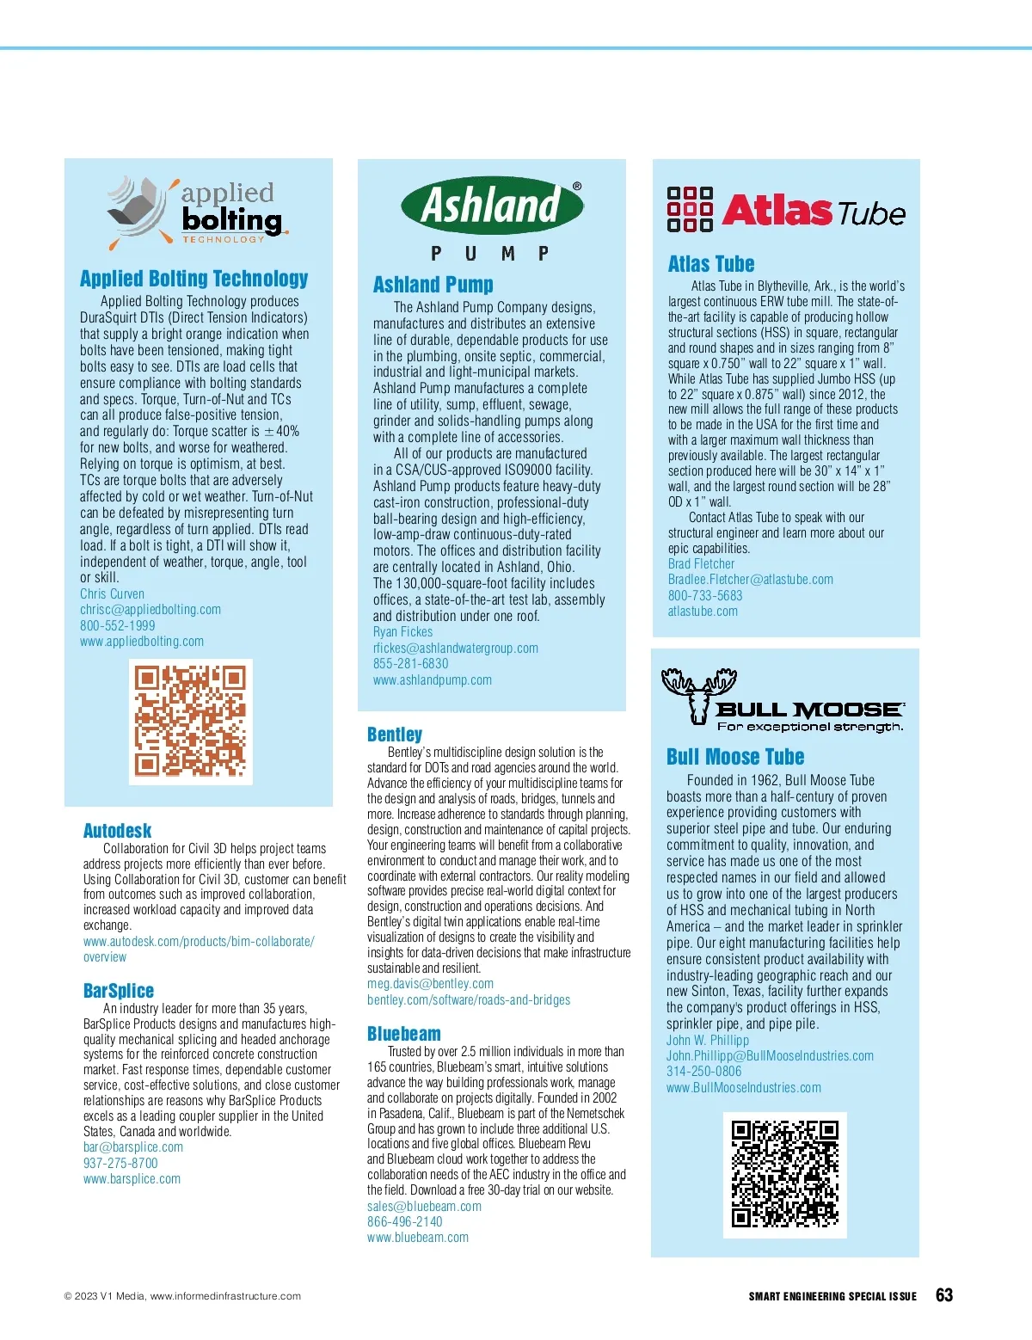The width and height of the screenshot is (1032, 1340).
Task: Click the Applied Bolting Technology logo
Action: pos(196,212)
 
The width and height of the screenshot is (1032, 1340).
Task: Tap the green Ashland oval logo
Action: pos(492,206)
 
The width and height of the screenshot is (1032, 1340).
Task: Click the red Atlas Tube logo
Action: pos(786,211)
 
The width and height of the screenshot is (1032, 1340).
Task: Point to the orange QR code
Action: pos(191,722)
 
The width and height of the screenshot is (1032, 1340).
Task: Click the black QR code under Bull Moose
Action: pos(784,1175)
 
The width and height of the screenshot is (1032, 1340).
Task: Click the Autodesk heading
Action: pos(117,831)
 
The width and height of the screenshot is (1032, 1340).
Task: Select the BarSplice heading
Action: pos(119,991)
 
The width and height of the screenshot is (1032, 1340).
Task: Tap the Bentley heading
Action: pos(395,735)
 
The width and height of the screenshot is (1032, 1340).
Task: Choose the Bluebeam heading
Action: pos(403,1034)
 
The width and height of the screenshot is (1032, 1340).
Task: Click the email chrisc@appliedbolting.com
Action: pos(150,610)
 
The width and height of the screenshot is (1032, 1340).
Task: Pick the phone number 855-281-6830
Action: pos(410,664)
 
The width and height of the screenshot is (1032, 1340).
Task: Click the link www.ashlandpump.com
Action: pos(432,680)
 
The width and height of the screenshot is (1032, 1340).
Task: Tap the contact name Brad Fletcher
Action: pos(701,564)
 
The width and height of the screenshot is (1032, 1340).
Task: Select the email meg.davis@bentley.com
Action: pos(430,984)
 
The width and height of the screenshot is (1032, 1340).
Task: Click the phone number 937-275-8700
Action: pos(120,1164)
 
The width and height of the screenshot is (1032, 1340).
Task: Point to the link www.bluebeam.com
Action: pos(418,1238)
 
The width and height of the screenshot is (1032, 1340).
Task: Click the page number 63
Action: pos(943,1295)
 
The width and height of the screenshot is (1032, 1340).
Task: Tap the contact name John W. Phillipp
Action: pos(707,1041)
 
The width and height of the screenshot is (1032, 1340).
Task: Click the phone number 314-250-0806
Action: pos(703,1072)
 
